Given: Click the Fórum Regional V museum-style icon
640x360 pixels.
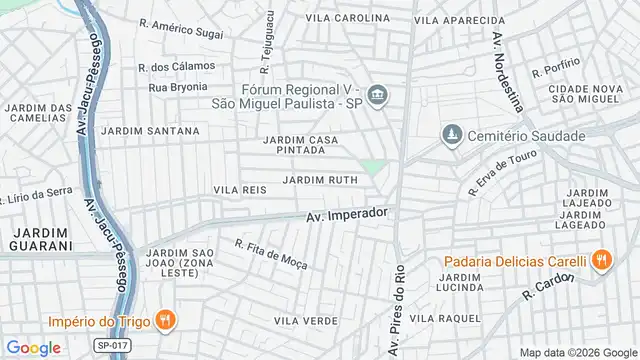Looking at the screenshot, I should point(377,96).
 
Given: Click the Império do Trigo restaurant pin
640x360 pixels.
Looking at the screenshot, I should point(166,320).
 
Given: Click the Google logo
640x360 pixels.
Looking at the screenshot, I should point(33,346).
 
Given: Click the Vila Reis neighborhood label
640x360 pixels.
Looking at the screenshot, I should point(238,188).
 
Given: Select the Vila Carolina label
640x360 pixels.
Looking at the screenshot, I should point(347,19).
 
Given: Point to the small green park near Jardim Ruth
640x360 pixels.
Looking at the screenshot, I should point(373,167).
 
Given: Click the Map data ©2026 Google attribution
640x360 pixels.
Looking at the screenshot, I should point(584,351).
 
